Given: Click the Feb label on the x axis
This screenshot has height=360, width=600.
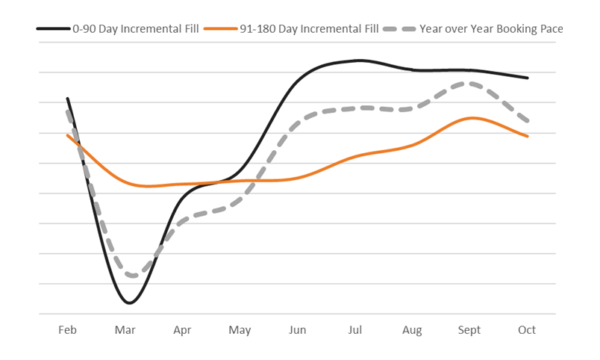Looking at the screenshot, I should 67,330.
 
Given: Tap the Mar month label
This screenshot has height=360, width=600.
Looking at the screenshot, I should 125,330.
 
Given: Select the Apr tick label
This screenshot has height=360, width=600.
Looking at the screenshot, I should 182,330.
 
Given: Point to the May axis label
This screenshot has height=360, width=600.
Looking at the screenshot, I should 240,330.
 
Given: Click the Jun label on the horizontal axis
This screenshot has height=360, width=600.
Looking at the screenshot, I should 297,330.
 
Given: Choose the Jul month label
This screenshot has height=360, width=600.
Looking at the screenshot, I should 355,330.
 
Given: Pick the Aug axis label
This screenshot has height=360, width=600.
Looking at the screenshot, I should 412,330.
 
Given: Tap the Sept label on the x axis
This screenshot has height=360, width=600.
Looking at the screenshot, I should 469,330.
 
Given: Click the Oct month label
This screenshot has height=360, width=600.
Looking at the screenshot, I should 527,330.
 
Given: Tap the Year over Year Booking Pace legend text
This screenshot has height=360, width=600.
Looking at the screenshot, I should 491,28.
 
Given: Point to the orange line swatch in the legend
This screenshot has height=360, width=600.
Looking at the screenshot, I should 222,28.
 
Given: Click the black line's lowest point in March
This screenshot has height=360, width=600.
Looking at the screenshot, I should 129,302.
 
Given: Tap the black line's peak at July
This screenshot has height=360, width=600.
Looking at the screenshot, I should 358,60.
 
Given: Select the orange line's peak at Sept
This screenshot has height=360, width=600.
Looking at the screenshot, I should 472,118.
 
